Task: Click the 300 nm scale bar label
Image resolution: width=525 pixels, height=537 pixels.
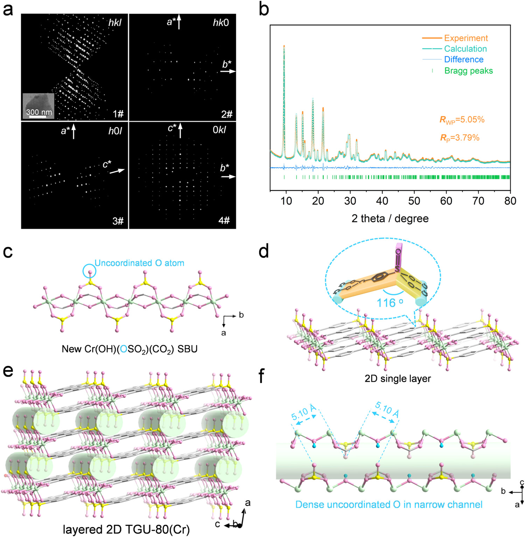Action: (39, 112)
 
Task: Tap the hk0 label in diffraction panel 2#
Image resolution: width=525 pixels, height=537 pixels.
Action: (221, 23)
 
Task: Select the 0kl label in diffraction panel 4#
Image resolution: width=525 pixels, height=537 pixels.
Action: (219, 130)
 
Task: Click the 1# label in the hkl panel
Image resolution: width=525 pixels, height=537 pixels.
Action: (118, 114)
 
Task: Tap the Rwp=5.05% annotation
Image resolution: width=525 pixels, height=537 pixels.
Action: (462, 120)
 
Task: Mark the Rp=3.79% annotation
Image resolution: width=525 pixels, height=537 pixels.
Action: (460, 138)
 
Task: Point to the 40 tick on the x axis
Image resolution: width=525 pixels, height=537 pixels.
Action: (382, 201)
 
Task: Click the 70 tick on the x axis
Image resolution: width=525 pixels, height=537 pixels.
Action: (478, 201)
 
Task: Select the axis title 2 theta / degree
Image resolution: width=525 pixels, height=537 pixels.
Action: (390, 219)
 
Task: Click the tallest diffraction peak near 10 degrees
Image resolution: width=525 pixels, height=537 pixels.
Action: (284, 47)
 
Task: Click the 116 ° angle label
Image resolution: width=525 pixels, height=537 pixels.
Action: (390, 302)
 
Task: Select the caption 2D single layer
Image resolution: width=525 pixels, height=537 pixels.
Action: (398, 379)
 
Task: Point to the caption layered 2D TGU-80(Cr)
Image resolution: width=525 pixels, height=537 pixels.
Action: (126, 529)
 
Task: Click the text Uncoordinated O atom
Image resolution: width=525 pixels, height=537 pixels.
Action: (139, 263)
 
